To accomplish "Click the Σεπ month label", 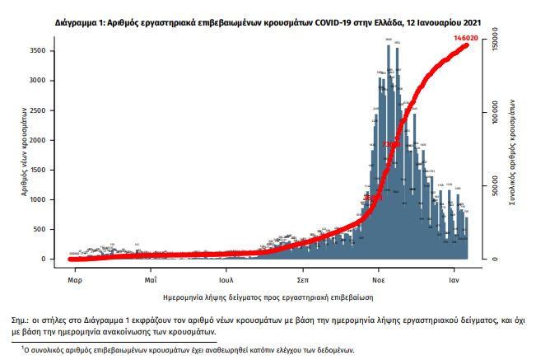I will (x=302, y=269).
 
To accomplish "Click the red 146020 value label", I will (x=468, y=38).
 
